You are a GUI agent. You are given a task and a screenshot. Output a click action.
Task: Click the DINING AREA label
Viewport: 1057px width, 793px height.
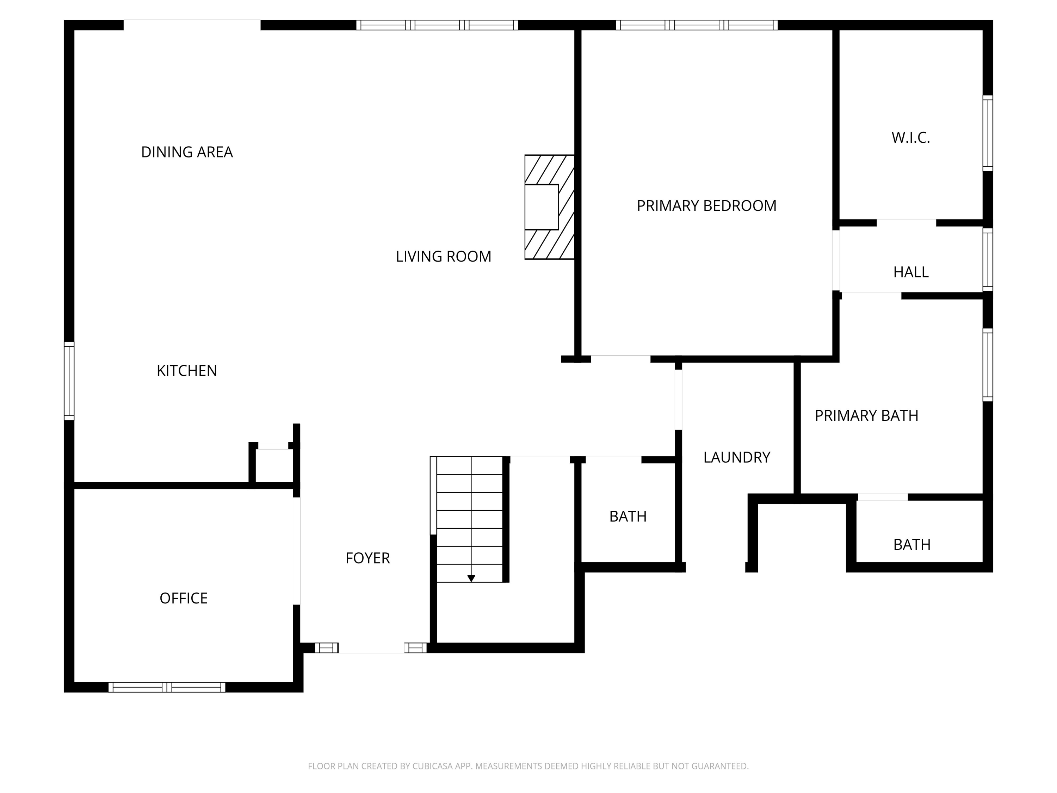pos(187,152)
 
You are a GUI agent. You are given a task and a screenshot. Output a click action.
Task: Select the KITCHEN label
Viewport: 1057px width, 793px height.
pos(187,370)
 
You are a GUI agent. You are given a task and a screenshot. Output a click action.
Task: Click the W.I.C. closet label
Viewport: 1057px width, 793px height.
pos(910,138)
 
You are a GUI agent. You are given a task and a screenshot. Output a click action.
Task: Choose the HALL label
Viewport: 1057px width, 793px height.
pos(911,272)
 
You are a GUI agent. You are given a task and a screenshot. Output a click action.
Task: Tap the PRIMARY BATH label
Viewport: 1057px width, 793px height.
pos(866,416)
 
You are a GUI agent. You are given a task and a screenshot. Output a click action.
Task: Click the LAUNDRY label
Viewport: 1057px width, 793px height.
pos(736,457)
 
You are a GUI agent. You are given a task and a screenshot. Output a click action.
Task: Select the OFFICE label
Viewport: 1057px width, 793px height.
pos(184,598)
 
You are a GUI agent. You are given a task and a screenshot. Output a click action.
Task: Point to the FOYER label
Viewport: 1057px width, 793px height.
pos(367,558)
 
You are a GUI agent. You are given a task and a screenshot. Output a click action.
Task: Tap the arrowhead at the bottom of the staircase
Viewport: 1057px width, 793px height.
pos(471,578)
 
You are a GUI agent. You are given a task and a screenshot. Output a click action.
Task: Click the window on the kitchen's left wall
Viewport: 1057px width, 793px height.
pos(69,381)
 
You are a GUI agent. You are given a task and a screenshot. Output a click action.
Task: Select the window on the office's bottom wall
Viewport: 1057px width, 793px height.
pos(167,687)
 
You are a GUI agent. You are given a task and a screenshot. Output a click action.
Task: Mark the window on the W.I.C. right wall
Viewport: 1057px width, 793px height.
pos(987,133)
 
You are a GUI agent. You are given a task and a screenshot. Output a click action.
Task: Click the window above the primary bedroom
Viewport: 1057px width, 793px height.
pos(696,25)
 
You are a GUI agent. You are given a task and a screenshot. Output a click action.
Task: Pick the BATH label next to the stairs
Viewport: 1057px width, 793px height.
pos(628,517)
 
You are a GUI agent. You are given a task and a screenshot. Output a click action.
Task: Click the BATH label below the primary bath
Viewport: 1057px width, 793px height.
pos(911,545)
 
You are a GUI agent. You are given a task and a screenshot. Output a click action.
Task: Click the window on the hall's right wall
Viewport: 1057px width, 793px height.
pos(987,259)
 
